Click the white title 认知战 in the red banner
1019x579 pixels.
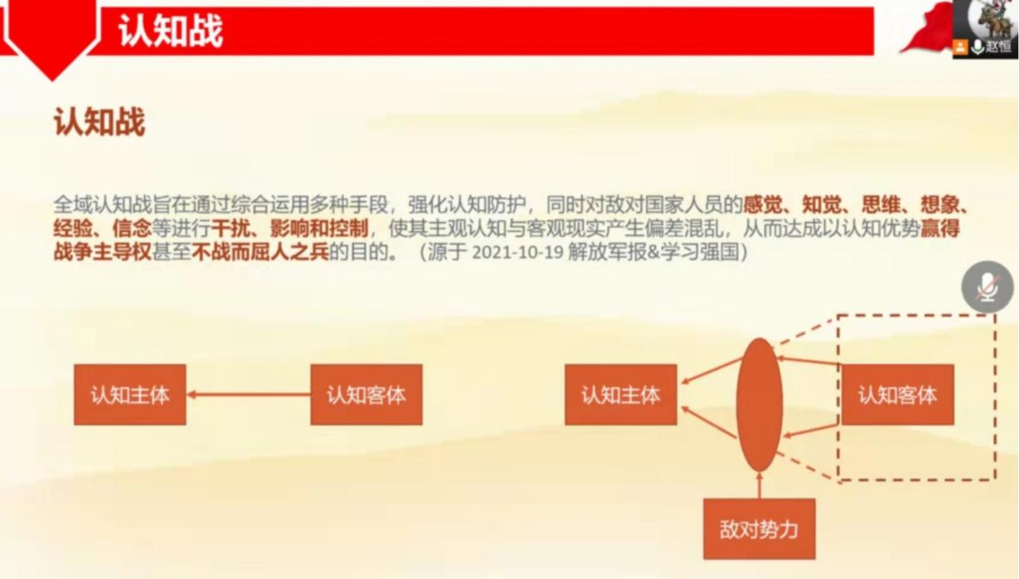[171, 30]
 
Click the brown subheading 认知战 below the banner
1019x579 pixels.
[99, 122]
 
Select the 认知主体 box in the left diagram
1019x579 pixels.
[130, 395]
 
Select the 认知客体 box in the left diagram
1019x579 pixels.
[366, 395]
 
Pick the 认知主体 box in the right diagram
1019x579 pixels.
[620, 395]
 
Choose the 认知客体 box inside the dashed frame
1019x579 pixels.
[897, 395]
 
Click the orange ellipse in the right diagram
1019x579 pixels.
[759, 405]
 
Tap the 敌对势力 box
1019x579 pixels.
[759, 529]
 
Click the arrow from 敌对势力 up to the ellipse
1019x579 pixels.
[759, 485]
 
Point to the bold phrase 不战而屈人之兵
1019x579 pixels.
[260, 252]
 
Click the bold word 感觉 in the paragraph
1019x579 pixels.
[762, 205]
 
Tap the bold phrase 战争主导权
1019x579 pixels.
[102, 252]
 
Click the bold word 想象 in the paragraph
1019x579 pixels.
[939, 205]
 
